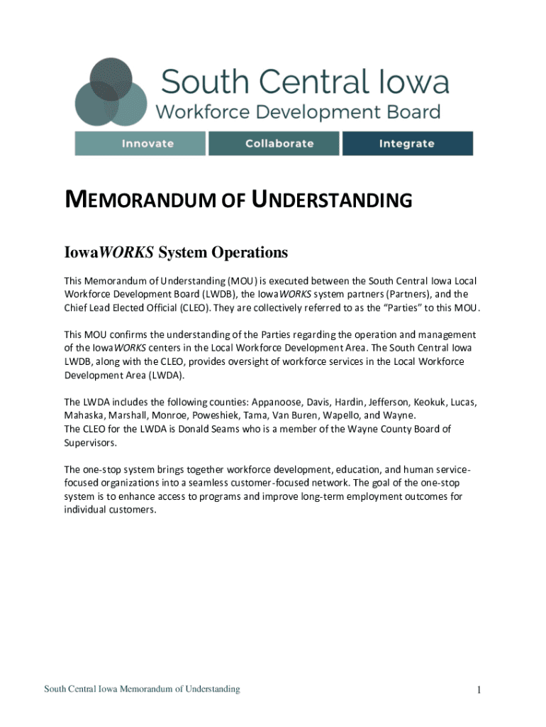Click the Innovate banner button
coord(147,143)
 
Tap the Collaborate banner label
coord(279,143)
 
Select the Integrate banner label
coord(406,143)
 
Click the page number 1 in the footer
coord(479,690)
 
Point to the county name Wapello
coord(340,415)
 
